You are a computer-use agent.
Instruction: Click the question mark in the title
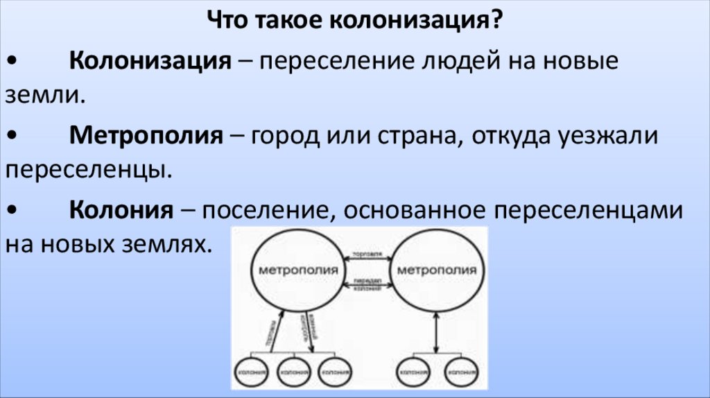[496, 21]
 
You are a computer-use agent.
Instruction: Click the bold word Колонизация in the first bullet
[149, 62]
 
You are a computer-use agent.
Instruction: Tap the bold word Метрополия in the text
[146, 135]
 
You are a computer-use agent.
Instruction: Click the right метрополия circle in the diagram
[435, 270]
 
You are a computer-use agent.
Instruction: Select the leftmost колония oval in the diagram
[250, 372]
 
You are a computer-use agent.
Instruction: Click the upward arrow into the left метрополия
[275, 334]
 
